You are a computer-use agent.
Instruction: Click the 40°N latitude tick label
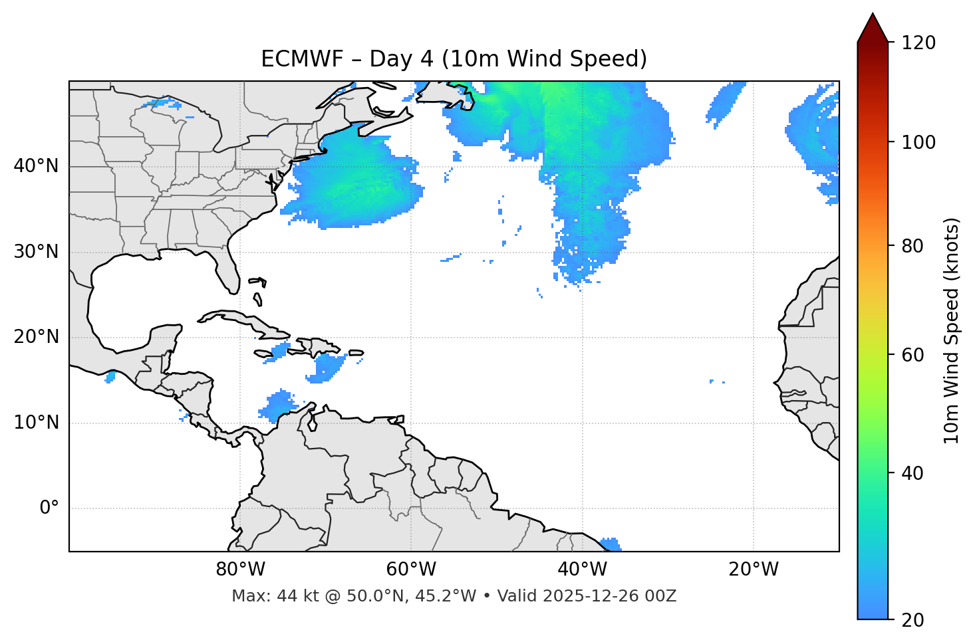pos(36,166)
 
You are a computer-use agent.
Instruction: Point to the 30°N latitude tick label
pos(36,252)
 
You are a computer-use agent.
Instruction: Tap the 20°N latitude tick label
pos(36,337)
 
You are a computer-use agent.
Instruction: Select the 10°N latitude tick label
pos(36,423)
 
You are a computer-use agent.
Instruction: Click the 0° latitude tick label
pos(49,508)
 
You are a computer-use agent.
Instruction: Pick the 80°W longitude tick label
pos(240,570)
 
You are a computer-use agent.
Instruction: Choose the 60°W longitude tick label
pos(411,570)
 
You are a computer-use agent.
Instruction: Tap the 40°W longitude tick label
pos(582,570)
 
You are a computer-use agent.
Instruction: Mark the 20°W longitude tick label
pos(754,570)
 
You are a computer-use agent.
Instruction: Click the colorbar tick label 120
pos(918,43)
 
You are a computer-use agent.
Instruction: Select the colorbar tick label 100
pos(918,142)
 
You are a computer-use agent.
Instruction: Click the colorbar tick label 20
pos(913,620)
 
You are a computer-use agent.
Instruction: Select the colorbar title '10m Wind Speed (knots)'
pos(952,330)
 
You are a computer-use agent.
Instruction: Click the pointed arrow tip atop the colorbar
pos(873,17)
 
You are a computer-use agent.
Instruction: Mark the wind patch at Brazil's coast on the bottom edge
pos(611,544)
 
